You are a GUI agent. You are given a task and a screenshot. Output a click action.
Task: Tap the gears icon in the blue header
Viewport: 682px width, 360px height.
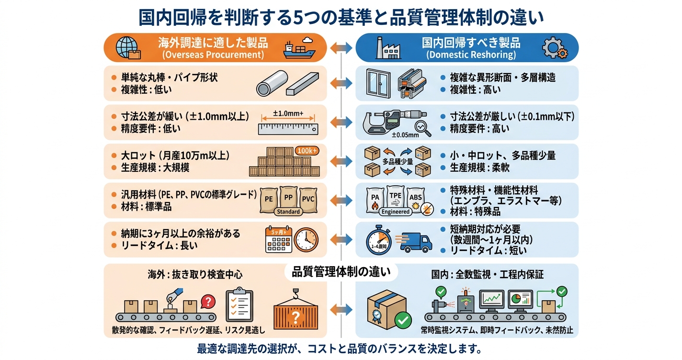(x=555, y=48)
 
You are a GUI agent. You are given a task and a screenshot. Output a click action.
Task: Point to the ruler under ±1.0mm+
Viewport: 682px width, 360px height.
(x=288, y=128)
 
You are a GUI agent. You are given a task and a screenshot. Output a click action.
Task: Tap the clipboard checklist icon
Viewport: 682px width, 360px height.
(x=239, y=303)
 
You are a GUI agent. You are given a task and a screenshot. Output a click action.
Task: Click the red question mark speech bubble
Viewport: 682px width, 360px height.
(x=207, y=301)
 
